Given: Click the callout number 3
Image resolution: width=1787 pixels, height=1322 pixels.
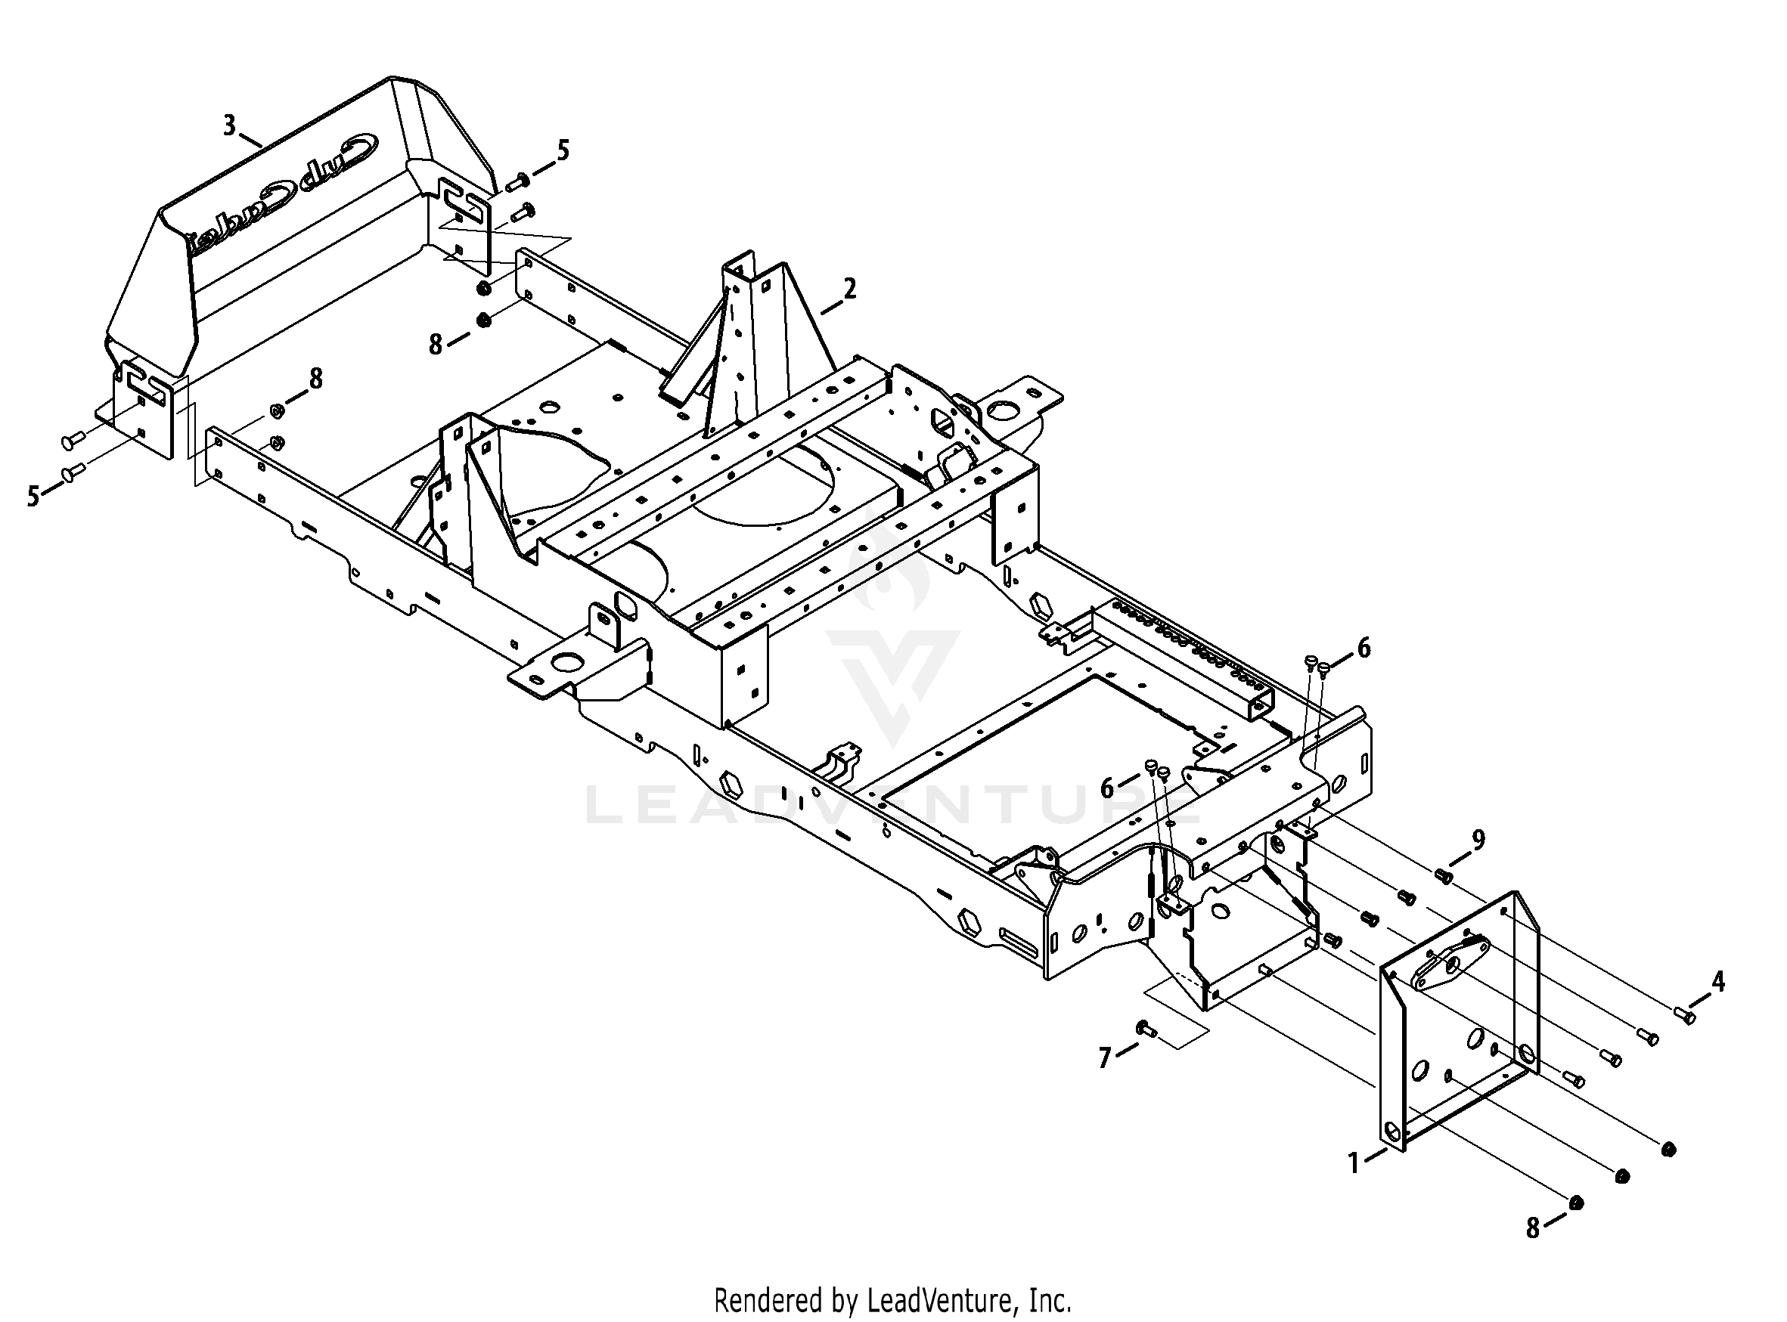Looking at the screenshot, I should (x=230, y=125).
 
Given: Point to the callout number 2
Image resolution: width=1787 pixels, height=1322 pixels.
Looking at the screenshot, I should (x=849, y=288).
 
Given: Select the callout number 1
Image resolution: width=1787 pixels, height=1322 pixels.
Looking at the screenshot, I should (x=1354, y=1163).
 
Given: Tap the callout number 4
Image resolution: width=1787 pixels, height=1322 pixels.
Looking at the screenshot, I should (x=1717, y=981).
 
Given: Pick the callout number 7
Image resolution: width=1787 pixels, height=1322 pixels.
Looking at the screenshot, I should (x=1105, y=1059).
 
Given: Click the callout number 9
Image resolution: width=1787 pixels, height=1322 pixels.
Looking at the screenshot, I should (x=1478, y=840).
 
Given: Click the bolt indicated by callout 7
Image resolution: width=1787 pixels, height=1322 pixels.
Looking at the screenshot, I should (x=1144, y=1028).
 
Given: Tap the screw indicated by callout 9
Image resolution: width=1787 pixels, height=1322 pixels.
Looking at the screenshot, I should (x=1444, y=875).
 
